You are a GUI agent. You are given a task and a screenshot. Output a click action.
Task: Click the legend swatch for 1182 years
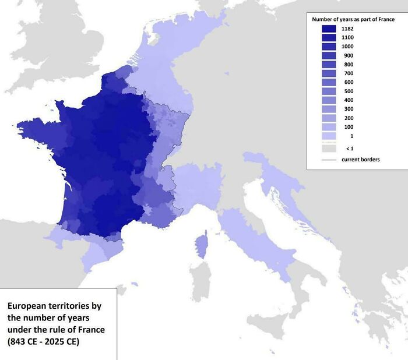pyautogui.click(x=329, y=28)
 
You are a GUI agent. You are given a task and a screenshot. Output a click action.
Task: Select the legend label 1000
pyautogui.click(x=348, y=46)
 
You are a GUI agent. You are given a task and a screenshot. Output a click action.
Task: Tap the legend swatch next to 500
pyautogui.click(x=329, y=91)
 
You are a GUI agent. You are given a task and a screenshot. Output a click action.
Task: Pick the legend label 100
pyautogui.click(x=349, y=127)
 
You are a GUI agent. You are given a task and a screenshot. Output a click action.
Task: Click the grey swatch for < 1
pyautogui.click(x=329, y=148)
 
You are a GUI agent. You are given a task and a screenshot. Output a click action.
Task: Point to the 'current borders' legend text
pyautogui.click(x=360, y=159)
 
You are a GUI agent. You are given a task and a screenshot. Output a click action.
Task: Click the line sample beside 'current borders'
pyautogui.click(x=329, y=159)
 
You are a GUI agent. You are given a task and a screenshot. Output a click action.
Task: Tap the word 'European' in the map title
pyautogui.click(x=27, y=305)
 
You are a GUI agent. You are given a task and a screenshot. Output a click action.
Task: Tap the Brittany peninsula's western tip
pyautogui.click(x=21, y=127)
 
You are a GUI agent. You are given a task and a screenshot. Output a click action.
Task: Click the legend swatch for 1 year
pyautogui.click(x=329, y=136)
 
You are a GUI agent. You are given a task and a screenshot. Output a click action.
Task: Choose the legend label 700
pyautogui.click(x=349, y=73)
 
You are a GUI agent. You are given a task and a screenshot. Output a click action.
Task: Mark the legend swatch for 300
pyautogui.click(x=329, y=110)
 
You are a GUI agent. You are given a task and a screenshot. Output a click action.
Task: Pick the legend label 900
pyautogui.click(x=349, y=55)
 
